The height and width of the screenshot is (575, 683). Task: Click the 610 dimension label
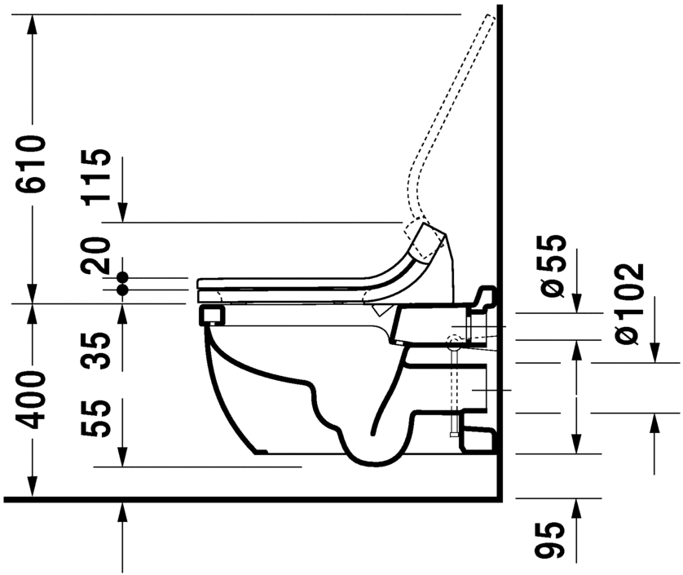click(33, 164)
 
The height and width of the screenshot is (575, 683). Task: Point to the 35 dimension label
click(99, 352)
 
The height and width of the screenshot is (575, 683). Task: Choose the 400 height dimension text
click(33, 400)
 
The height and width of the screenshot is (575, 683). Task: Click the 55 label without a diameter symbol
click(99, 418)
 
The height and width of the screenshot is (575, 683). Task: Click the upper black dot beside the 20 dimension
click(122, 276)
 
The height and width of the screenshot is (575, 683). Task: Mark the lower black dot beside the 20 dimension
click(122, 290)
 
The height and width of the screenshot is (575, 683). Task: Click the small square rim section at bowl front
click(211, 315)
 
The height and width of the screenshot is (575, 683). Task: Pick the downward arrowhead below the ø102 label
click(654, 352)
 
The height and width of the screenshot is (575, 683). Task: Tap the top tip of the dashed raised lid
click(491, 17)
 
